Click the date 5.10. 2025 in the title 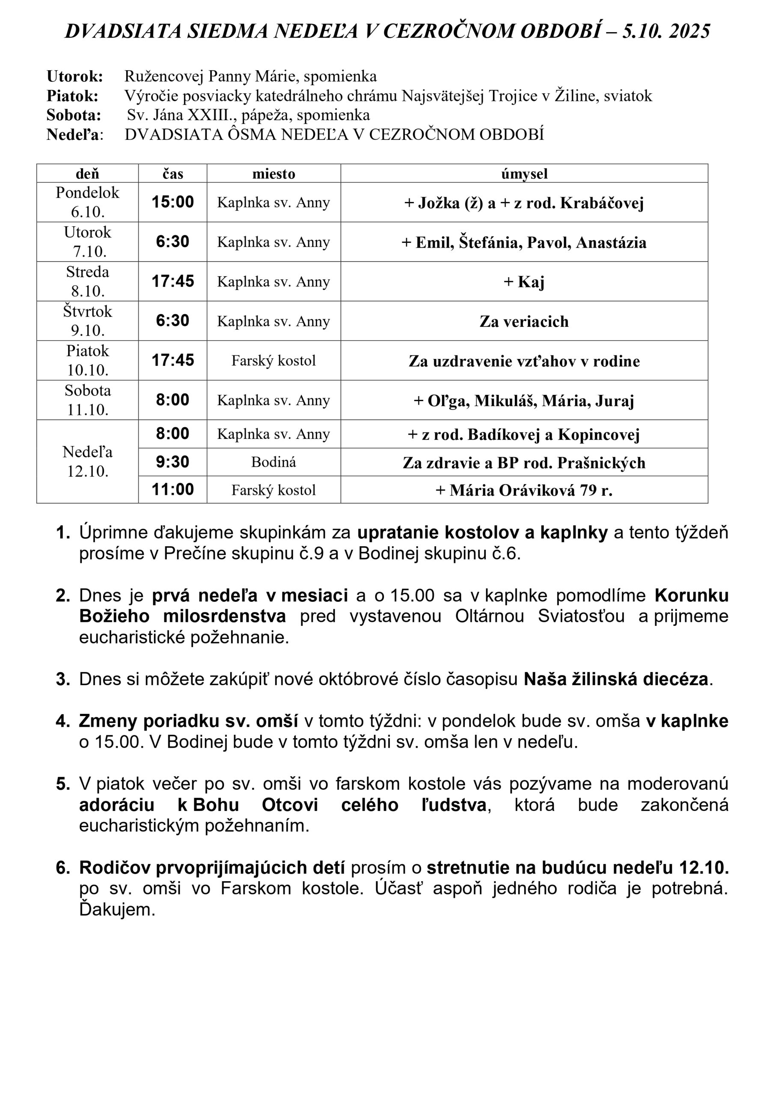click(666, 32)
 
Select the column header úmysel click(524, 174)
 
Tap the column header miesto click(273, 174)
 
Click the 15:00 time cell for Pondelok click(173, 202)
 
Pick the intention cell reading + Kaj click(524, 281)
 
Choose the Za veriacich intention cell click(524, 321)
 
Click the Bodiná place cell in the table click(273, 462)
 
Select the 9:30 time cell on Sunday click(173, 462)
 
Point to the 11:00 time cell click(173, 489)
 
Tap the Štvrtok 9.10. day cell click(87, 320)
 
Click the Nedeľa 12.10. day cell click(87, 461)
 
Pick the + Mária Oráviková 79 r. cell click(524, 490)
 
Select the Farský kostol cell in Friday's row click(273, 361)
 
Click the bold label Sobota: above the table click(74, 115)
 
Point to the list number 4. click(63, 721)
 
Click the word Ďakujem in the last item click(117, 909)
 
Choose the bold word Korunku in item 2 click(692, 596)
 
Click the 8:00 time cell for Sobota click(173, 400)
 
